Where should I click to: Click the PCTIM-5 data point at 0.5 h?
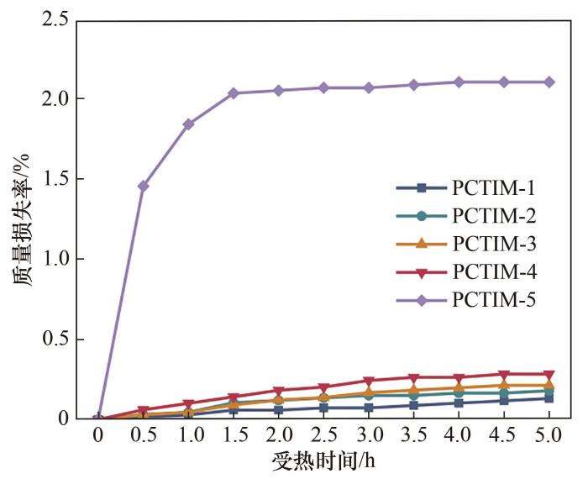click(x=144, y=186)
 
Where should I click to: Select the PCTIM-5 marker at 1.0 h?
click(x=189, y=124)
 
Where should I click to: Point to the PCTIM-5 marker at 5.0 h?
click(x=549, y=82)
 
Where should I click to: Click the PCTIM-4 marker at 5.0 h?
click(x=549, y=375)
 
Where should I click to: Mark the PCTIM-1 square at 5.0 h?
click(x=549, y=398)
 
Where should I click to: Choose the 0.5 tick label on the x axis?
click(x=144, y=437)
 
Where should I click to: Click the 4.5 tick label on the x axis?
click(x=504, y=437)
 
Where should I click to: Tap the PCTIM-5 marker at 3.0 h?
click(x=369, y=87)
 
